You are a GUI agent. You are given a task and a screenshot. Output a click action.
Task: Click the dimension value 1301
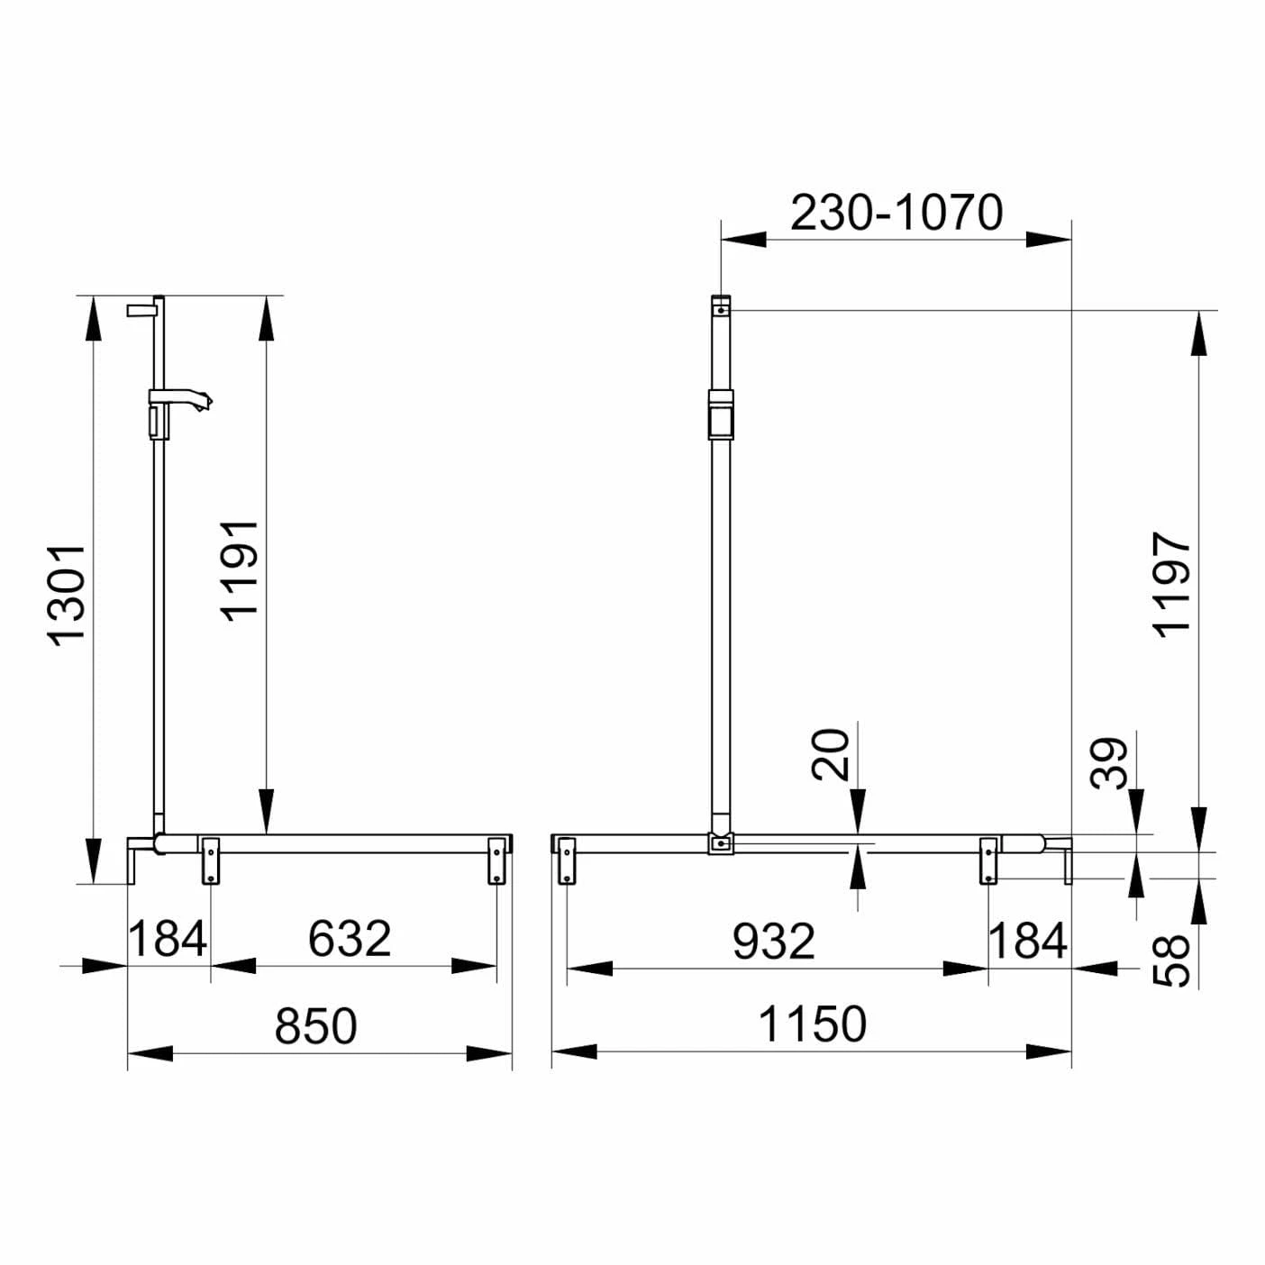click(x=67, y=596)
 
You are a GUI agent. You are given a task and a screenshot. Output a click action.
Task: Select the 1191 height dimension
click(x=240, y=571)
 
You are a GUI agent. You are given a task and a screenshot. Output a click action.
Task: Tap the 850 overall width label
click(x=315, y=1026)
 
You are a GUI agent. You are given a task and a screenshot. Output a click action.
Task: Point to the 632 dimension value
click(x=350, y=939)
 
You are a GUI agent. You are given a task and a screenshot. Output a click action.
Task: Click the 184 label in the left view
click(x=168, y=939)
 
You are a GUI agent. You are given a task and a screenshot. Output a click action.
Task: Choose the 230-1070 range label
click(x=896, y=213)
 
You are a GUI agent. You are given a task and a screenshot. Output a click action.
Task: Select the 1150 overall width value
click(x=813, y=1024)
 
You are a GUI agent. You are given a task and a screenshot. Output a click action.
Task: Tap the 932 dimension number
click(x=774, y=941)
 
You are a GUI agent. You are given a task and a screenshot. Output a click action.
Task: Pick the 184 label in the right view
click(x=1028, y=941)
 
